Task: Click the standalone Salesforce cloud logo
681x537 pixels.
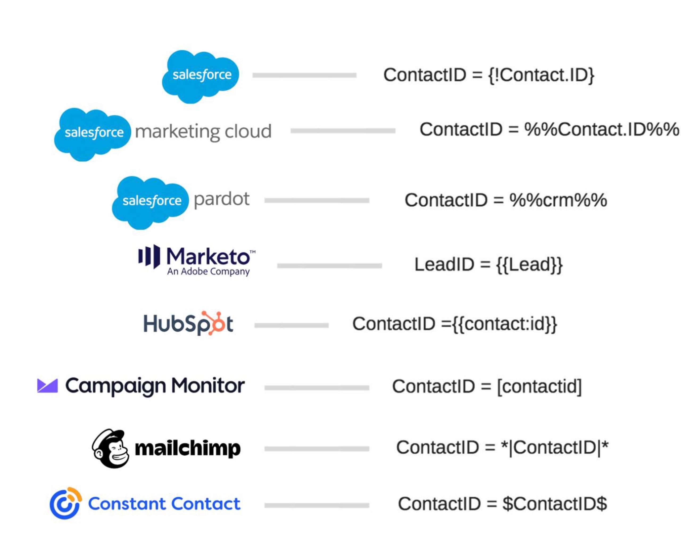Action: point(201,76)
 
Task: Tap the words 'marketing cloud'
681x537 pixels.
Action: point(203,131)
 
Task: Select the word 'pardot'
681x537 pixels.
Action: point(221,199)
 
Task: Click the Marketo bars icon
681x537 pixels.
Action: point(149,257)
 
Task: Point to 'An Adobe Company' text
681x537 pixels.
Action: point(208,271)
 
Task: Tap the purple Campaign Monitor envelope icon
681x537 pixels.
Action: point(47,385)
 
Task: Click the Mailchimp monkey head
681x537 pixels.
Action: point(111,448)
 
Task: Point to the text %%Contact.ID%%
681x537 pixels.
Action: point(601,130)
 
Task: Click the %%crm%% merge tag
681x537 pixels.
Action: point(558,200)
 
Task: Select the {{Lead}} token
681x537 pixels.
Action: point(529,265)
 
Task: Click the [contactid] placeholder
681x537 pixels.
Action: point(539,386)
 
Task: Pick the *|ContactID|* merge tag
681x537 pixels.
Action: point(555,447)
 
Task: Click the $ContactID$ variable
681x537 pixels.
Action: point(555,504)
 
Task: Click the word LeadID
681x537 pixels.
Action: point(444,265)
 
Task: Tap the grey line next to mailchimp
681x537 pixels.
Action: point(317,449)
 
